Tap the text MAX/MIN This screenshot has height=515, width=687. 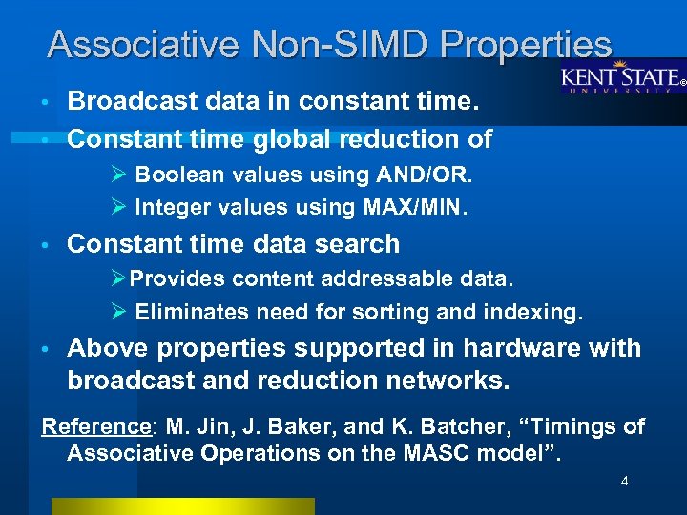[420, 207]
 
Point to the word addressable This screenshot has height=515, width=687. [398, 279]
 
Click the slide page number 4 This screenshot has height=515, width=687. [624, 482]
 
